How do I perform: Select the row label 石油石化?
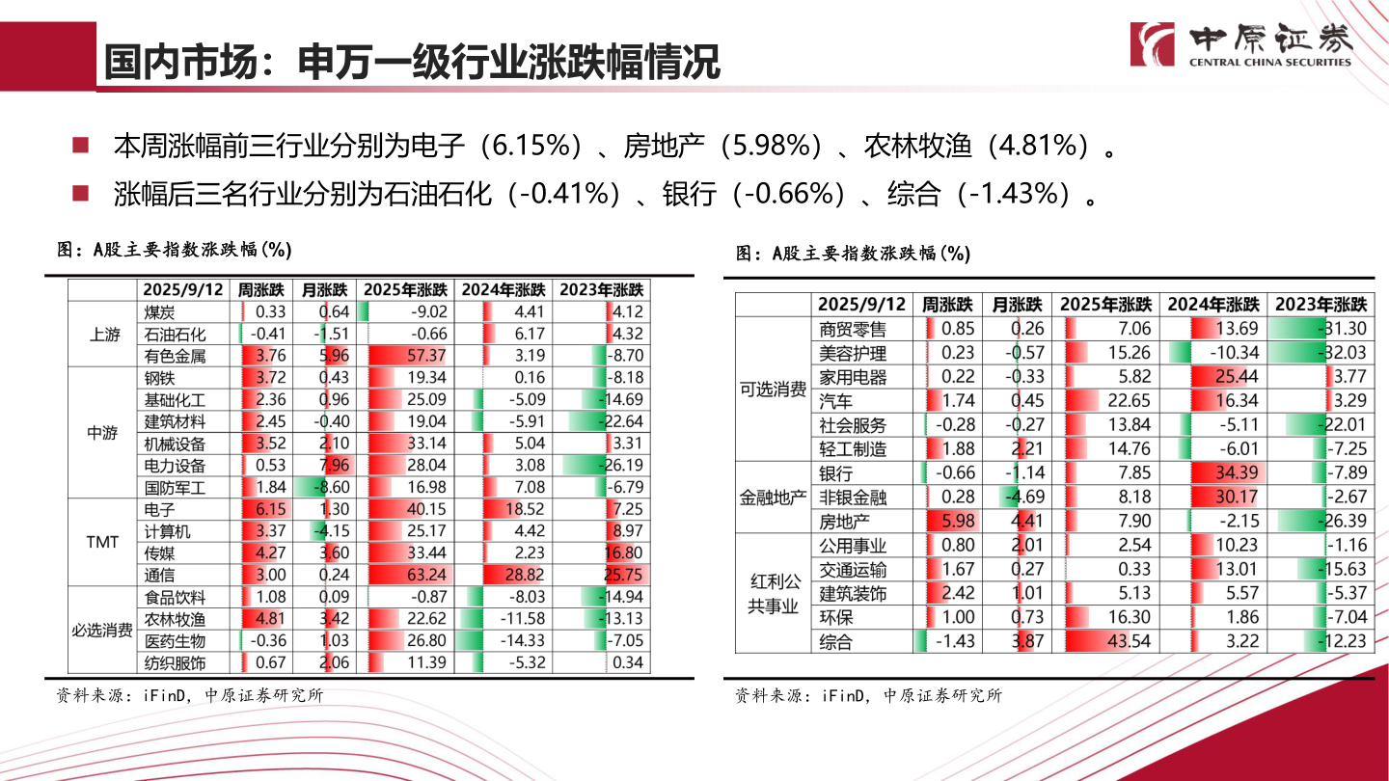175,335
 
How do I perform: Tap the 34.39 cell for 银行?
1212,473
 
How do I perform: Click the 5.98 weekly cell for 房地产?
949,522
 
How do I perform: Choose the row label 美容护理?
853,353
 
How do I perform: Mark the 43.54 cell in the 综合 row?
1105,641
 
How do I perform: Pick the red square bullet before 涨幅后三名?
80,193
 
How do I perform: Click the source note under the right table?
867,695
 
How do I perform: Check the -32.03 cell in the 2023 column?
1321,353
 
